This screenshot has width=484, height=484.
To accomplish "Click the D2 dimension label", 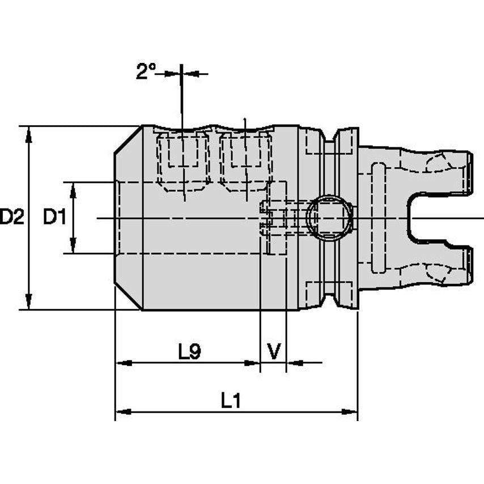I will [12, 216].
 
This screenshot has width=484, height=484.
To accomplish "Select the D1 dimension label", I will [55, 216].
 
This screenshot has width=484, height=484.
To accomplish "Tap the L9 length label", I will [189, 352].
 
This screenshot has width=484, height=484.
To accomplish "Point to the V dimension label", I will [274, 352].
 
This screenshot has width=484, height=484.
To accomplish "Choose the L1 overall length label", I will [231, 401].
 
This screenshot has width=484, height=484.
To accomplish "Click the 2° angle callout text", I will [146, 71].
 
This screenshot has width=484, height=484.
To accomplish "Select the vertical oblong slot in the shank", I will [377, 217].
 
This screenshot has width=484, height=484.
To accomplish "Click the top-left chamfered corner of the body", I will [128, 139].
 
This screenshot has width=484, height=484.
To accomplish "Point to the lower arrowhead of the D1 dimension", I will [73, 248].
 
